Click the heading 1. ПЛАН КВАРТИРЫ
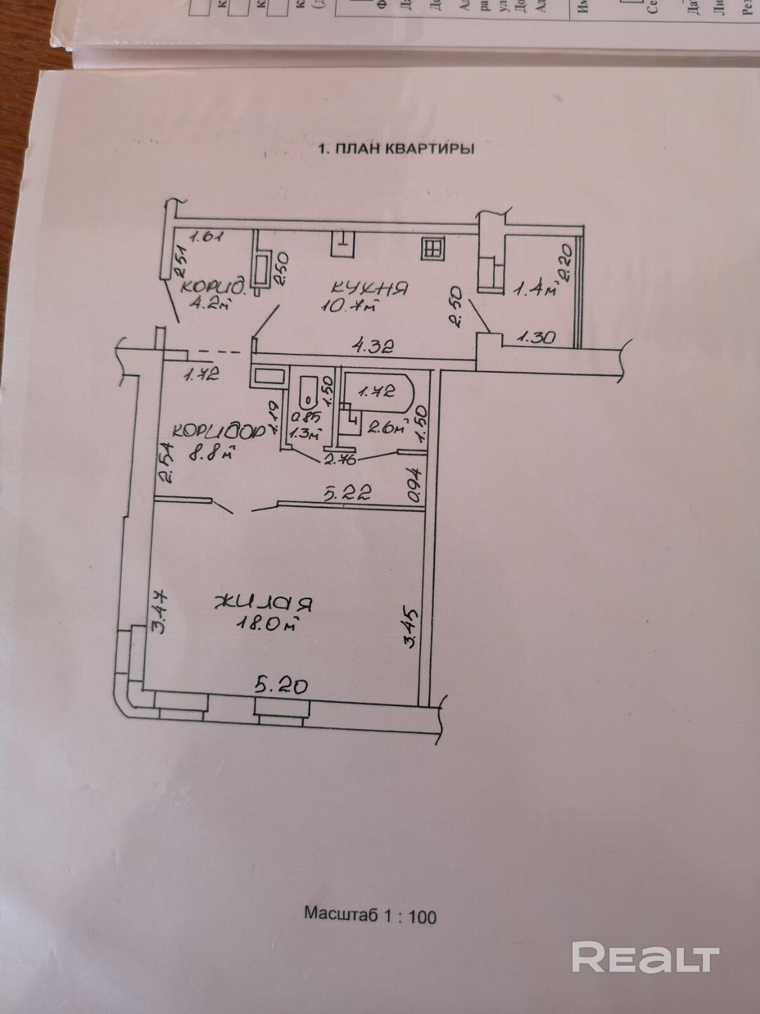point(396,150)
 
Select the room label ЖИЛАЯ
point(264,603)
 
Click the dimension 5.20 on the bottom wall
point(281,685)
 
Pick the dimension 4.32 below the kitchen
point(374,346)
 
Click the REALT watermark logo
point(645,957)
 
